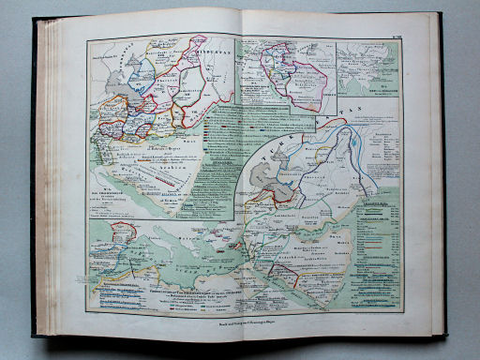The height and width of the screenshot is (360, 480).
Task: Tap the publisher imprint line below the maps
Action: (240, 321)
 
